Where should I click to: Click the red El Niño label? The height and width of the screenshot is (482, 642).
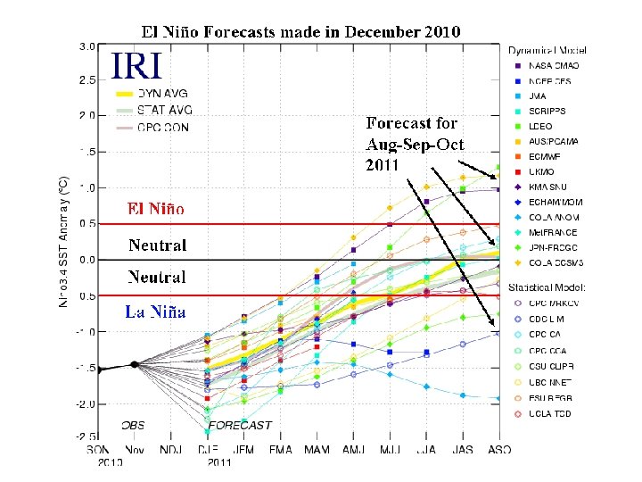[155, 209]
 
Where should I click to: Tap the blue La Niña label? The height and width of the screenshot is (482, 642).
[155, 312]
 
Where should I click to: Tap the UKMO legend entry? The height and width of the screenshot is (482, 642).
[544, 170]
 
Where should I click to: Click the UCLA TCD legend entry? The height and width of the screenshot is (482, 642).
[549, 413]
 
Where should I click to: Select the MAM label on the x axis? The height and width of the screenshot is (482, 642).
[317, 450]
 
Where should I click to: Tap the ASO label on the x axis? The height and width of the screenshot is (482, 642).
[498, 450]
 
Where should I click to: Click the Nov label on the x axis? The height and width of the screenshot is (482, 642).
[134, 450]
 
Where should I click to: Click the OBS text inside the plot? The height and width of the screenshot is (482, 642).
[133, 426]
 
